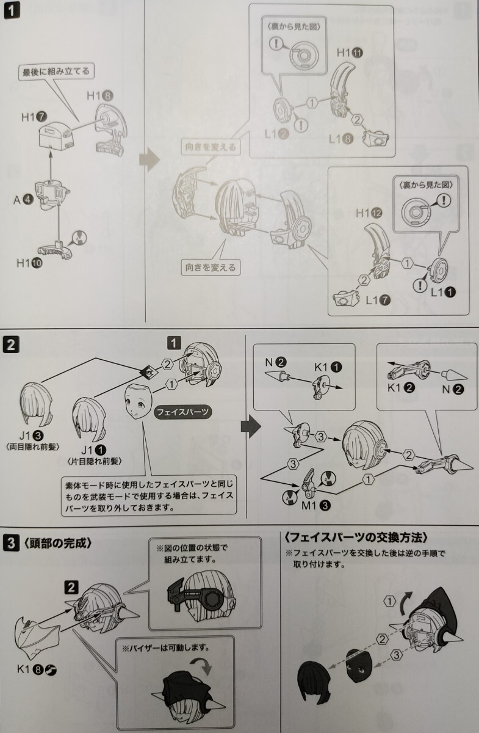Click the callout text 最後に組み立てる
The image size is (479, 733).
[x=56, y=71]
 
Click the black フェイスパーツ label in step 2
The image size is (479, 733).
[x=183, y=412]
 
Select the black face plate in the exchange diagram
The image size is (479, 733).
[x=362, y=667]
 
